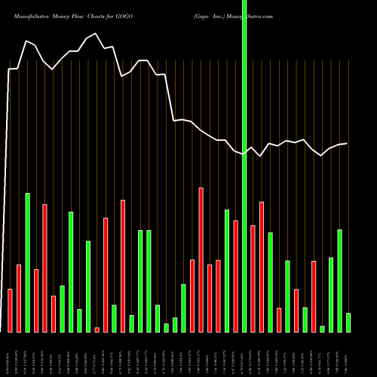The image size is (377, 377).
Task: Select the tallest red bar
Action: (x=201, y=260)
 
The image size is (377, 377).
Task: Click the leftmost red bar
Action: (x=11, y=310)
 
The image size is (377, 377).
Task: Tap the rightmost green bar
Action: (x=348, y=322)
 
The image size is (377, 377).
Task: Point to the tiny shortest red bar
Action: (x=97, y=329)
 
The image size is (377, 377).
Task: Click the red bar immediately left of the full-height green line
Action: (x=235, y=276)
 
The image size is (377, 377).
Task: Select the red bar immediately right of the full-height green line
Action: (x=253, y=278)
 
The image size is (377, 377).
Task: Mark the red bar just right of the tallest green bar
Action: (x=36, y=300)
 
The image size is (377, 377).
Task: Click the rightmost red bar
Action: (x=314, y=296)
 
